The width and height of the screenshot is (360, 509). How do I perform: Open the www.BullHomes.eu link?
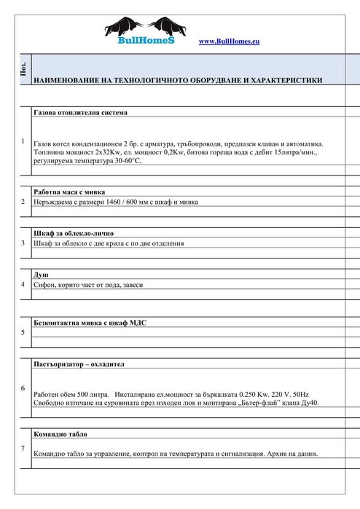click(x=229, y=42)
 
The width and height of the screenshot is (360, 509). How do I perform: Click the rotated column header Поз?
click(x=23, y=70)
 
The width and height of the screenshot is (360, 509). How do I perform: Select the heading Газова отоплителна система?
click(x=80, y=114)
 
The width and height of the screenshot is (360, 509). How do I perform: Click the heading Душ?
click(x=42, y=274)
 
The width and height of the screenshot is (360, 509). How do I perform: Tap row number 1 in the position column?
click(x=23, y=141)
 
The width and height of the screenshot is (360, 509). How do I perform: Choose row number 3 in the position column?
click(x=23, y=242)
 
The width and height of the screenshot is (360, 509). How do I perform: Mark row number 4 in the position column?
click(x=23, y=284)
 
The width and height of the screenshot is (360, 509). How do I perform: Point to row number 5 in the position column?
click(x=23, y=333)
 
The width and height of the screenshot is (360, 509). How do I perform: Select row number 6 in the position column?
click(x=23, y=388)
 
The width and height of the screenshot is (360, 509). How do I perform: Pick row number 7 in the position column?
click(x=23, y=448)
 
